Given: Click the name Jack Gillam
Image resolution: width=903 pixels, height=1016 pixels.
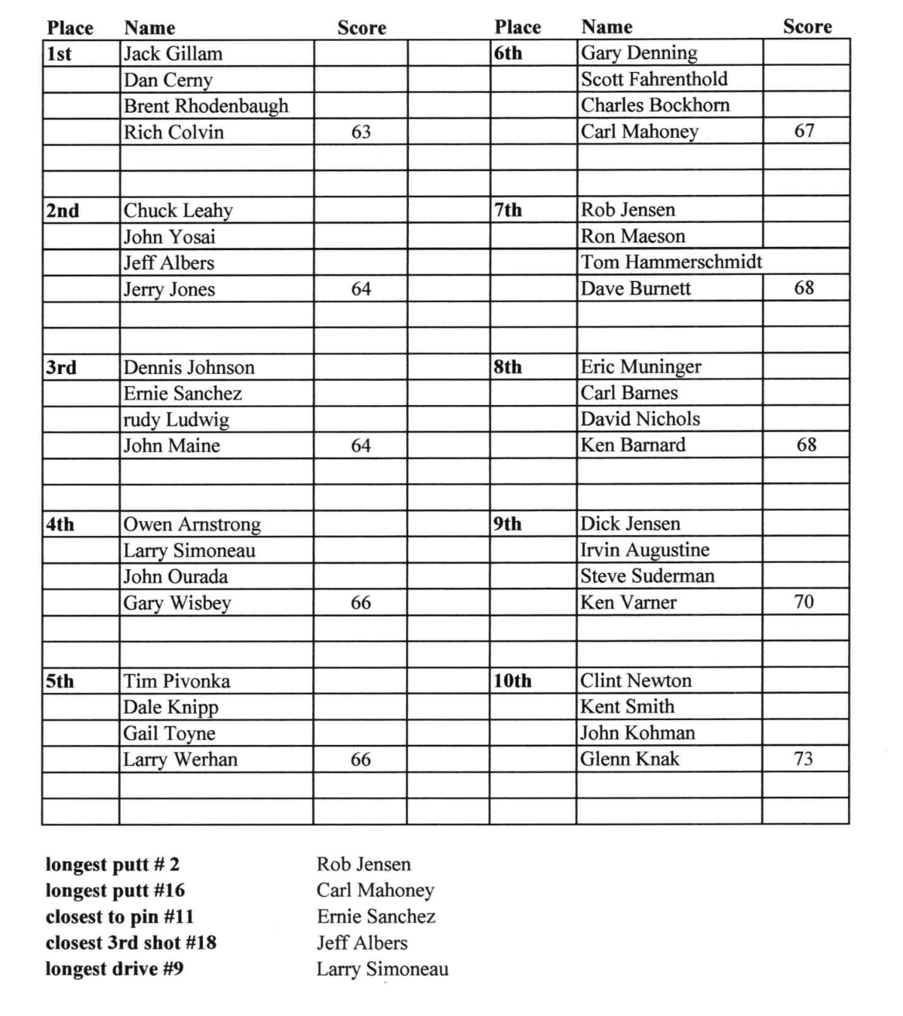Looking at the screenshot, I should [173, 53].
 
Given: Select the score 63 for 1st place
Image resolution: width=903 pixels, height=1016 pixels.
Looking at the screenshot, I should [361, 132].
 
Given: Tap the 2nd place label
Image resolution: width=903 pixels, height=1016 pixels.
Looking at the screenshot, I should [63, 211].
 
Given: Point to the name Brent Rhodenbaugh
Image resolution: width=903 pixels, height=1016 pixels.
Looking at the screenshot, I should [206, 106].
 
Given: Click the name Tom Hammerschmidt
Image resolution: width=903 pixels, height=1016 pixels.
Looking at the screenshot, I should [671, 262].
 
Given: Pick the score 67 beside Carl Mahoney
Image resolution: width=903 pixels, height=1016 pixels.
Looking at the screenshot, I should [805, 131].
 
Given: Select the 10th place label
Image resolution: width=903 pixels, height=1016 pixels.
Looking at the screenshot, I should [513, 681].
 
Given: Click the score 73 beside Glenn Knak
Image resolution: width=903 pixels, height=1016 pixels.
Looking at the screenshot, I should [804, 758].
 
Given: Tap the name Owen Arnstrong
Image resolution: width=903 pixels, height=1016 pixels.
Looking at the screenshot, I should [192, 524].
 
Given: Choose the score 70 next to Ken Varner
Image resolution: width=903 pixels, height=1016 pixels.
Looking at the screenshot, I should [804, 602].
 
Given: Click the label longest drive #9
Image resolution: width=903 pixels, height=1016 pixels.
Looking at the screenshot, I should [115, 969].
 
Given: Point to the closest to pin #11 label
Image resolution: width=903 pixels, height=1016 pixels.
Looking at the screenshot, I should [120, 917].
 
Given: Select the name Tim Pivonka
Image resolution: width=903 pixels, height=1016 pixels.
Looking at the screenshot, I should [177, 681].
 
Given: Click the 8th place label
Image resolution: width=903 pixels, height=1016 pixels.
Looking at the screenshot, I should [508, 366].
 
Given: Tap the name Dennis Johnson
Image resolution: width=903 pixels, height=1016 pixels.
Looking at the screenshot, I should [189, 367].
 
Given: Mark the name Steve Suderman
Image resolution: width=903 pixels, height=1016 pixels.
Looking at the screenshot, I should [647, 575].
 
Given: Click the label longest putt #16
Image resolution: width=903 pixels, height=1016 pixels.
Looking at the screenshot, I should [115, 891].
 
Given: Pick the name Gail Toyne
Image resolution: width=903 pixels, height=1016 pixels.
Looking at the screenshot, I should [170, 733].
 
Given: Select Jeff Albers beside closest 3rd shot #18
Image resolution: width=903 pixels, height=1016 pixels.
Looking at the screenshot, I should [362, 942].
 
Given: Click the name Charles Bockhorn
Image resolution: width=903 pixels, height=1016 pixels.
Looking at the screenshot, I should [655, 105].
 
